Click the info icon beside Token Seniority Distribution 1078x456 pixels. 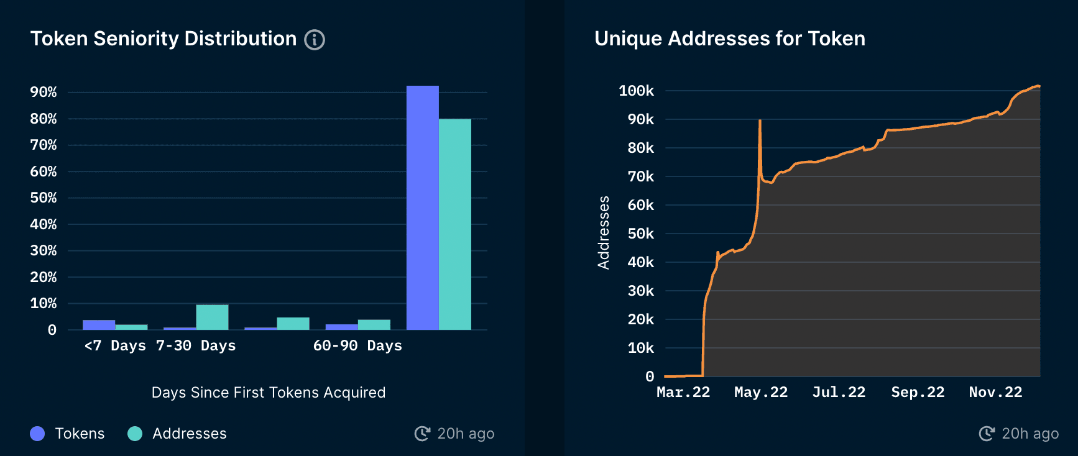pyautogui.click(x=315, y=40)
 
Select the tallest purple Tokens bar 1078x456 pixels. pyautogui.click(x=423, y=207)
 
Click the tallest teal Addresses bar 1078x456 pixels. pyautogui.click(x=455, y=224)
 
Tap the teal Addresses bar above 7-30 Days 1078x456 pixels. pyautogui.click(x=212, y=317)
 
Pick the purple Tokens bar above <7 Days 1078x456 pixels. pyautogui.click(x=99, y=325)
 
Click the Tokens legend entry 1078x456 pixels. pyautogui.click(x=68, y=434)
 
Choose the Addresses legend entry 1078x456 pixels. pyautogui.click(x=178, y=434)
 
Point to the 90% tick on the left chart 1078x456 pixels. pyautogui.click(x=44, y=93)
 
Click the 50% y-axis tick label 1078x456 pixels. pyautogui.click(x=44, y=198)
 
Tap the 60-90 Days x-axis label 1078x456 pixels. pyautogui.click(x=357, y=345)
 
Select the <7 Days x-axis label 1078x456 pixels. pyautogui.click(x=115, y=345)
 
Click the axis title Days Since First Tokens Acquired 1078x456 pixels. pyautogui.click(x=269, y=393)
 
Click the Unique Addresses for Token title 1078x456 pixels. pyautogui.click(x=730, y=39)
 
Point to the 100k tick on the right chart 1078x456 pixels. pyautogui.click(x=636, y=91)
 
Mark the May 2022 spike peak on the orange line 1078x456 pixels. pyautogui.click(x=760, y=121)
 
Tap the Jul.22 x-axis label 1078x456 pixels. pyautogui.click(x=839, y=392)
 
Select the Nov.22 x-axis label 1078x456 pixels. pyautogui.click(x=995, y=392)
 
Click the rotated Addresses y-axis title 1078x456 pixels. pyautogui.click(x=604, y=232)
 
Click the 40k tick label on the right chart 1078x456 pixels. pyautogui.click(x=640, y=262)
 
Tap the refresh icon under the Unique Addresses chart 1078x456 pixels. pyautogui.click(x=987, y=434)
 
